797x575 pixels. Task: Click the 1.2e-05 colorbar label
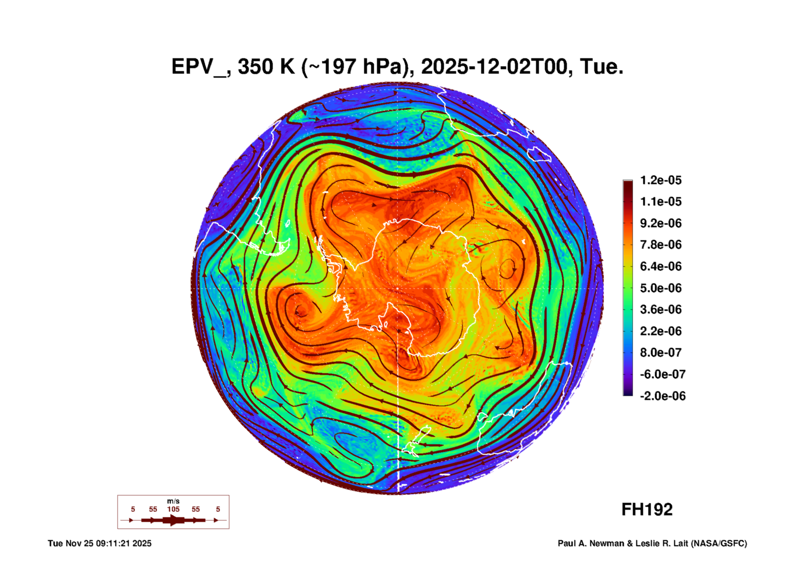(x=660, y=180)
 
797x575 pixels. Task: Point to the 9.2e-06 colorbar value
(x=660, y=223)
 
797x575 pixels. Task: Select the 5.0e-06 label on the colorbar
(x=660, y=288)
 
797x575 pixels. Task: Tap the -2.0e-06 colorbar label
(x=662, y=396)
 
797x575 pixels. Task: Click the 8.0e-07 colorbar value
(x=660, y=353)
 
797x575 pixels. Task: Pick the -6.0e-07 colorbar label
(x=662, y=374)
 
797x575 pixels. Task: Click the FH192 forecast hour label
(x=647, y=509)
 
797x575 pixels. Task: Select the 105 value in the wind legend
(x=173, y=509)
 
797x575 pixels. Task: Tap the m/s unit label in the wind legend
(x=173, y=501)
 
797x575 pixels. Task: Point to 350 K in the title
(x=266, y=67)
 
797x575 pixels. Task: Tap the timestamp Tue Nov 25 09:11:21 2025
(x=99, y=543)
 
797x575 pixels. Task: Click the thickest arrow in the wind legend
(x=173, y=520)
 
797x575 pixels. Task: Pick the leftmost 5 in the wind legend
(x=133, y=509)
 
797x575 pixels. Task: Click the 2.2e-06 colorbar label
(x=660, y=331)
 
